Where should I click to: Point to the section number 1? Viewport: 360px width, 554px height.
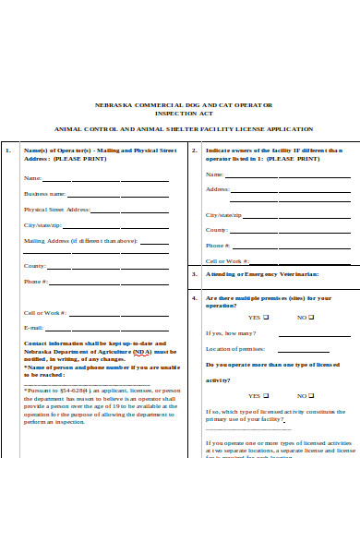point(8,150)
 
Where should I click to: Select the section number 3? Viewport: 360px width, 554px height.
point(193,274)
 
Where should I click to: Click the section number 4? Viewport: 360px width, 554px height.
point(193,298)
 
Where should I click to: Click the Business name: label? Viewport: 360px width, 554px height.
point(44,194)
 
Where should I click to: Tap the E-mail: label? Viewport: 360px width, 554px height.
point(33,328)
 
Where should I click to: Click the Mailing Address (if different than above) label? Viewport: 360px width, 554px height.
point(80,241)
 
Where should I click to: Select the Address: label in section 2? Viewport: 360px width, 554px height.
point(218,189)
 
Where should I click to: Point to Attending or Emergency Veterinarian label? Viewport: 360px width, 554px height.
point(262,274)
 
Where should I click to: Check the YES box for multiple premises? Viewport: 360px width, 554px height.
point(266,317)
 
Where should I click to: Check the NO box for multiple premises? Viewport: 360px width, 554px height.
point(311,317)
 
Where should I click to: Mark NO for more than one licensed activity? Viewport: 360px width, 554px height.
point(311,393)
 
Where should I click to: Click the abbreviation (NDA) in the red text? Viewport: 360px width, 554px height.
point(142,352)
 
